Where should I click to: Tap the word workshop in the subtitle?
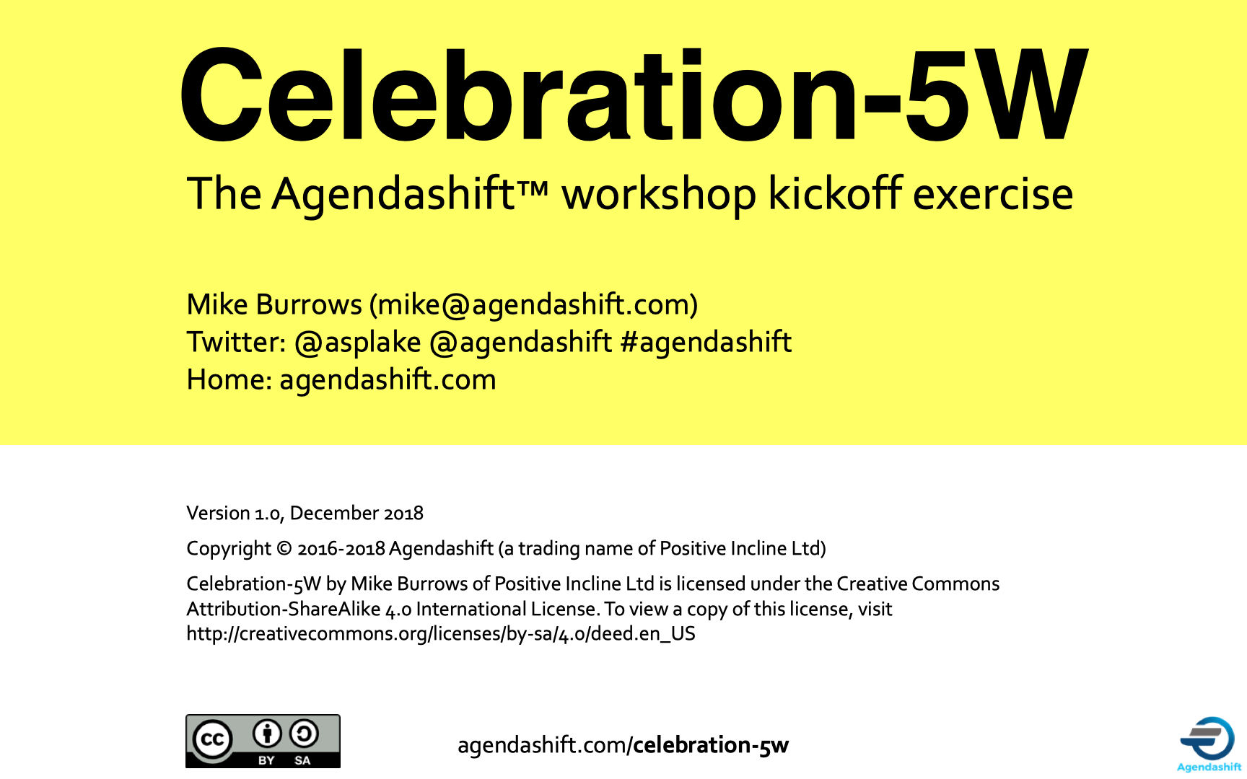[659, 195]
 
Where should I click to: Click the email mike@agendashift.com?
[534, 304]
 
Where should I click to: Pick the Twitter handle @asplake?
[358, 343]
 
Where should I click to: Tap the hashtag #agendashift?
[706, 342]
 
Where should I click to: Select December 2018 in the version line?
[356, 513]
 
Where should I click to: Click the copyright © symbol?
[284, 549]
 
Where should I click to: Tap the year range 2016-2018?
[341, 549]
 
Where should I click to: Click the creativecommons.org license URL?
[441, 633]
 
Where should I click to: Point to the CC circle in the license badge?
[213, 739]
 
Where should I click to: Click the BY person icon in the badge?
[267, 734]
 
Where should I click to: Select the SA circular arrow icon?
[303, 734]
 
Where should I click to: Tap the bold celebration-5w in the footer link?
[711, 744]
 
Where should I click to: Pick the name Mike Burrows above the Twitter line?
[274, 304]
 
